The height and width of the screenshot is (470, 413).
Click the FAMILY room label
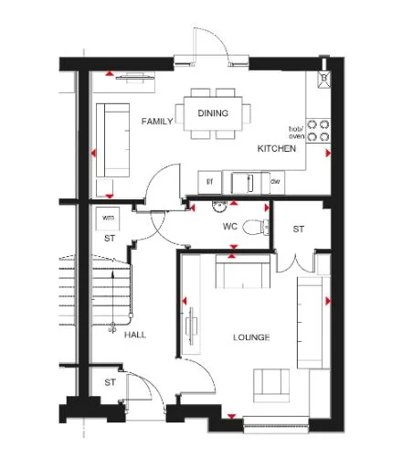(157, 121)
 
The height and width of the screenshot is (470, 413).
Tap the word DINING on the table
(213, 112)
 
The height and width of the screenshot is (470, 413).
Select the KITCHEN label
(276, 148)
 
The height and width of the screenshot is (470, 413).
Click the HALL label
(135, 334)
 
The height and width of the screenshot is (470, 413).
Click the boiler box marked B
(323, 80)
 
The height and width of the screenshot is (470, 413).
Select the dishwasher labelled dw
(275, 182)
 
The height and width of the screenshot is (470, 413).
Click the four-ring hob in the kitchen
(318, 130)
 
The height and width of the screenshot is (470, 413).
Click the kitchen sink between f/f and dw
(244, 182)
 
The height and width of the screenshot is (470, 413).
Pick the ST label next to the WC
(298, 229)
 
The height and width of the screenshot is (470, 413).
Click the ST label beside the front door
(109, 381)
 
